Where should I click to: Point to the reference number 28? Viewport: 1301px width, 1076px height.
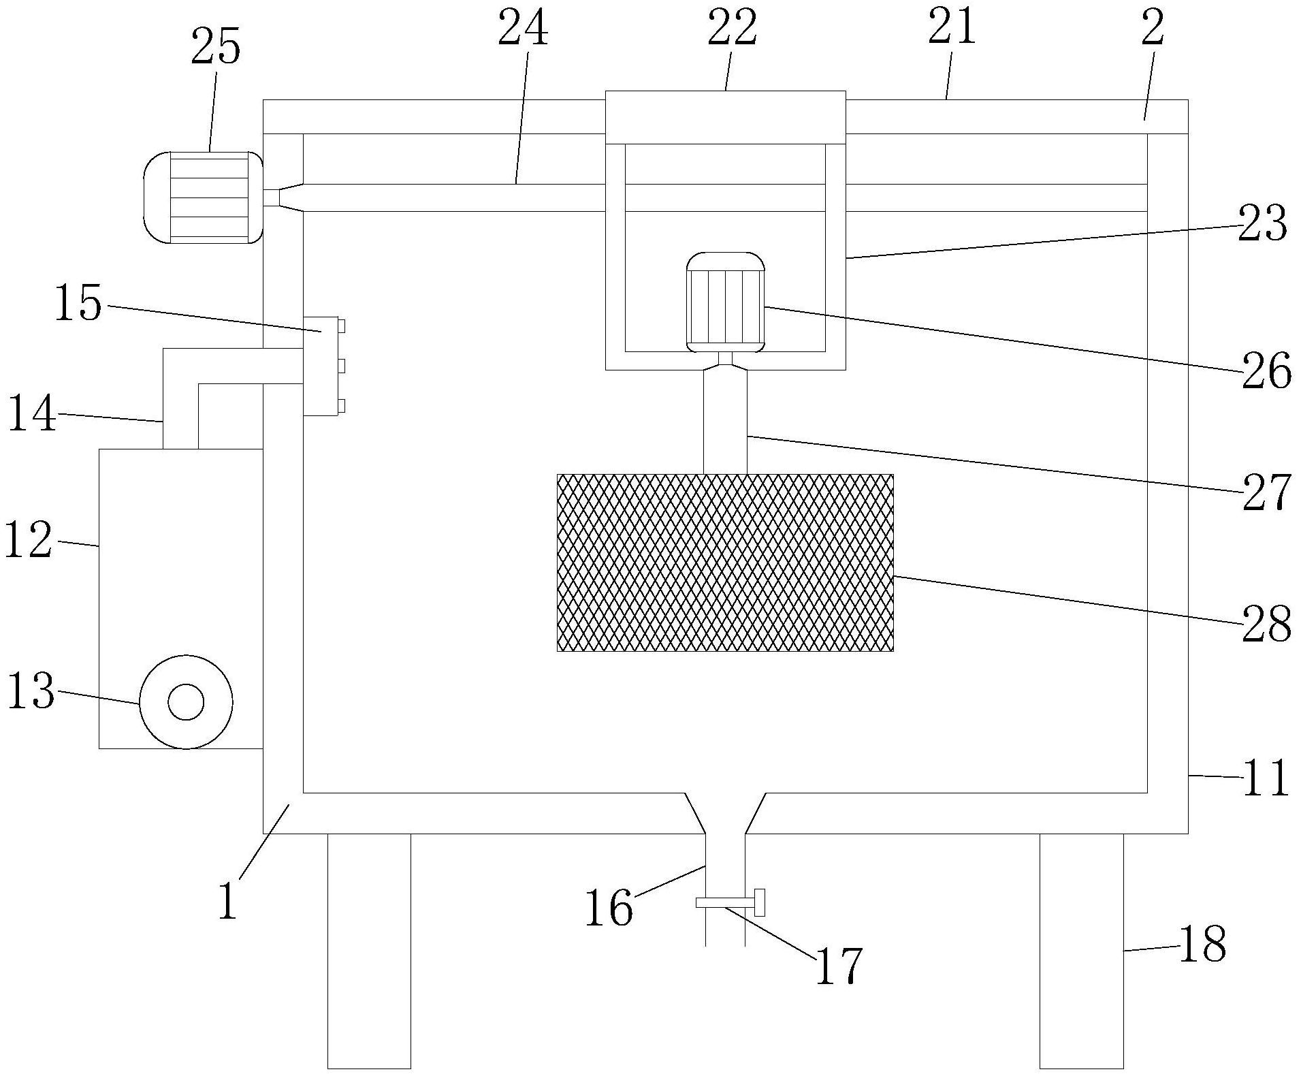click(1266, 623)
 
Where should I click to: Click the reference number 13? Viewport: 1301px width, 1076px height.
click(31, 691)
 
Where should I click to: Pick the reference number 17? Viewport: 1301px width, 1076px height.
click(839, 965)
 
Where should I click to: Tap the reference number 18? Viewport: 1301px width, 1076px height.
click(1202, 945)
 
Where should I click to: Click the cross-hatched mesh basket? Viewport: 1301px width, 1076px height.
click(725, 563)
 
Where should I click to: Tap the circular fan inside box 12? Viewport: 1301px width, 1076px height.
click(186, 702)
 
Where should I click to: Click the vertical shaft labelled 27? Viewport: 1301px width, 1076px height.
click(725, 422)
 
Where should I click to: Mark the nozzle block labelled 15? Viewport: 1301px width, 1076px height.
click(321, 366)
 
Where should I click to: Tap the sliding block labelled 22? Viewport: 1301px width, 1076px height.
click(726, 117)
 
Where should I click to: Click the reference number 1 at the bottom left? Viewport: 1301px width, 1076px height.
click(229, 900)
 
